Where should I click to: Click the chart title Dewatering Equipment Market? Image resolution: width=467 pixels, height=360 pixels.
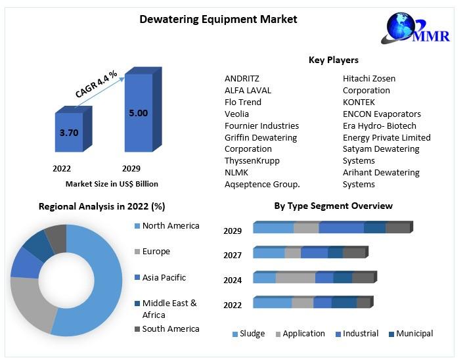(218, 20)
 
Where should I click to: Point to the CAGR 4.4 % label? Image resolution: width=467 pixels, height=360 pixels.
(96, 84)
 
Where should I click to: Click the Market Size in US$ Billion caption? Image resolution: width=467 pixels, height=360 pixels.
(112, 184)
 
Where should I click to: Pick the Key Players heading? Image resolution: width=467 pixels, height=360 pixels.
(333, 60)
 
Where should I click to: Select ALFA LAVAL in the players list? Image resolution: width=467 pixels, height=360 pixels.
(248, 90)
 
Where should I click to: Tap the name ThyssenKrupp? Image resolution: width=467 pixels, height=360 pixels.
(252, 160)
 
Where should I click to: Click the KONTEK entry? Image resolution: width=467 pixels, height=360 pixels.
(359, 102)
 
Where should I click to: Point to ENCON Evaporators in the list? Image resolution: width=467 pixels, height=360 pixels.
(382, 114)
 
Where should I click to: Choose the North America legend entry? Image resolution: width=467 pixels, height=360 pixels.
(170, 226)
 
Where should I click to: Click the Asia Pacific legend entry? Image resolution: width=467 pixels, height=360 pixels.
(164, 277)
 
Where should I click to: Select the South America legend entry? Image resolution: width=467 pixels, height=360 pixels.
(170, 328)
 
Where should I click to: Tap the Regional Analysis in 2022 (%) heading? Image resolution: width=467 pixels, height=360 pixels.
(102, 206)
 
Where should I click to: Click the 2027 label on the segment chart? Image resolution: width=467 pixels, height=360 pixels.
(233, 255)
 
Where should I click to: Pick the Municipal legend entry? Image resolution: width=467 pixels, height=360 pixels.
(414, 334)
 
